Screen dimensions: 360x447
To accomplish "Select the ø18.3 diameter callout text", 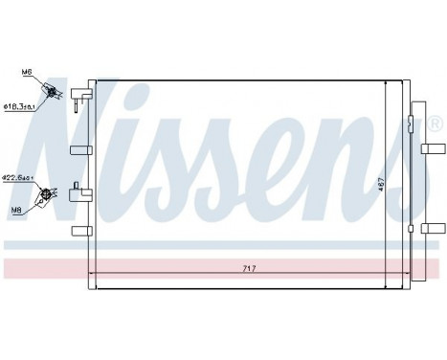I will pos(20,106).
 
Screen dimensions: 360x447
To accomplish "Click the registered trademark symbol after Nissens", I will pos(436,124).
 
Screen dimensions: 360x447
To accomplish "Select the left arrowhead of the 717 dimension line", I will pos(92,275).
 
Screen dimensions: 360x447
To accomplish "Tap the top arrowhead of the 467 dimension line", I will pos(385,82).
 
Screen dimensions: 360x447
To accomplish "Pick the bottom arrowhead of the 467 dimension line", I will pos(385,285).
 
